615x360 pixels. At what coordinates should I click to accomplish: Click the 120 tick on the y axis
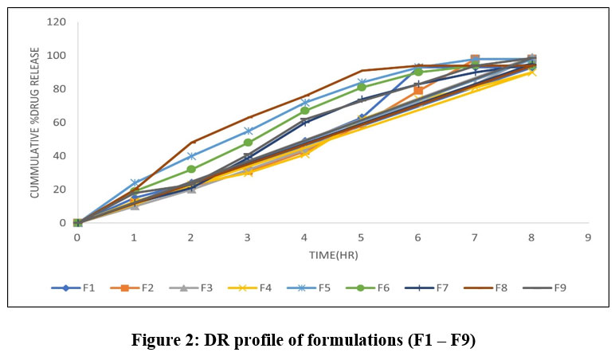57,22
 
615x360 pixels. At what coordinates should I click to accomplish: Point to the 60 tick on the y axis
60,122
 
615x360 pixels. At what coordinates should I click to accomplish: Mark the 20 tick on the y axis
60,190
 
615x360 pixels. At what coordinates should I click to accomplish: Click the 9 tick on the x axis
588,237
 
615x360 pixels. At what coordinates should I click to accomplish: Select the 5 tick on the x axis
361,237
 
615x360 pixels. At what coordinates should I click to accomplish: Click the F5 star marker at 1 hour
134,183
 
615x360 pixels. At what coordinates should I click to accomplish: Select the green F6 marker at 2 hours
190,169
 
